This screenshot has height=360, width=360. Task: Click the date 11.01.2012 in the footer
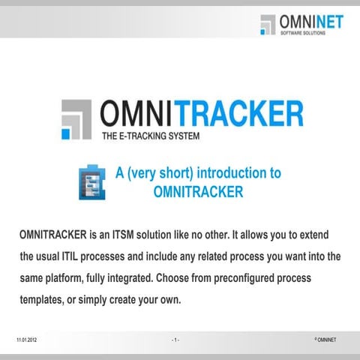26,340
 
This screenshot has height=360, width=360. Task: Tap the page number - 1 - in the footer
175,340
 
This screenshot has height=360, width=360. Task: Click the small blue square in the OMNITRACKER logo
67,133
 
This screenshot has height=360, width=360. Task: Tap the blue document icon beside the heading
91,182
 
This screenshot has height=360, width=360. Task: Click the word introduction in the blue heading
226,173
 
